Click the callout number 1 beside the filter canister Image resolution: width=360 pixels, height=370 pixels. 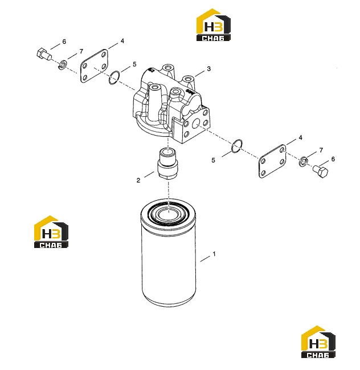click(x=214, y=254)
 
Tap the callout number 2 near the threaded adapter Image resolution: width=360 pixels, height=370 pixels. click(x=138, y=180)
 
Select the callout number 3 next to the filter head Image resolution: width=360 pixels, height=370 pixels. click(x=209, y=68)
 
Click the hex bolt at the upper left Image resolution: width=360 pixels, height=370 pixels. click(x=44, y=54)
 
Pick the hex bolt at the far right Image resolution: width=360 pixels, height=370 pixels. click(x=321, y=171)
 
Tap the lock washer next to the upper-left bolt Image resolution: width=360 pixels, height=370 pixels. click(x=63, y=64)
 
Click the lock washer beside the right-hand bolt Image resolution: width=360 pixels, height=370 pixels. click(x=304, y=161)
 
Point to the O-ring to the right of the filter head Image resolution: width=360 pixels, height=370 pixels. click(x=237, y=146)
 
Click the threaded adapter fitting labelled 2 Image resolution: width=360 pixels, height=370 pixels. click(x=168, y=164)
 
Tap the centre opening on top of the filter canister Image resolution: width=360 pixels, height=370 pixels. click(x=169, y=214)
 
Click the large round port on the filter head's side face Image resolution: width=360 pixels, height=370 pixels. click(x=196, y=123)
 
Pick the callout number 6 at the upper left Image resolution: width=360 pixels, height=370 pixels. click(x=64, y=42)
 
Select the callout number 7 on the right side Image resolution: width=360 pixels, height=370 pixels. click(x=321, y=150)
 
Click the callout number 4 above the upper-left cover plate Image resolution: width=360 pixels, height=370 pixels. click(x=122, y=41)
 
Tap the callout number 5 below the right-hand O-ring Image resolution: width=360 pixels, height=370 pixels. click(x=214, y=160)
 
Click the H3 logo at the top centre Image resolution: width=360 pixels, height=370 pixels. click(x=214, y=25)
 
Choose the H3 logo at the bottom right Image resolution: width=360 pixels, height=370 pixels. click(x=318, y=341)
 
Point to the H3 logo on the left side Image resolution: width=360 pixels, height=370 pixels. click(x=51, y=231)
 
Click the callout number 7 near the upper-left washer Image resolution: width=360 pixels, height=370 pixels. click(x=81, y=51)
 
